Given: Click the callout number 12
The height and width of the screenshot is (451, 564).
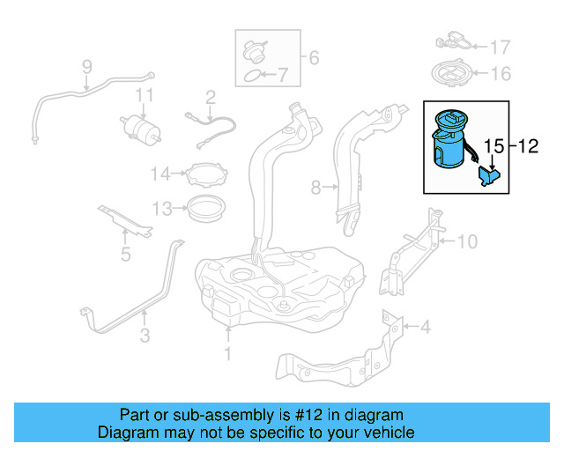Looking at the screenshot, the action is point(528,146).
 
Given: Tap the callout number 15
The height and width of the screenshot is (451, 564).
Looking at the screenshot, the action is point(493,146).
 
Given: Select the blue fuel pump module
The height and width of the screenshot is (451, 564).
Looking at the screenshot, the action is point(450,139).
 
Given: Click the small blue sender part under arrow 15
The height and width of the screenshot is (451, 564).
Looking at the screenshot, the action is point(489,175).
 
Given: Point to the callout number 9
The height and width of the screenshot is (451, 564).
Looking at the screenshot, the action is point(87,67).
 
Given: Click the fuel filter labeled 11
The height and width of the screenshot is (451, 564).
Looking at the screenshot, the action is point(141,129).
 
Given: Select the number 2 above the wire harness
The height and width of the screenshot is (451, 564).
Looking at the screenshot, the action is point(211,97).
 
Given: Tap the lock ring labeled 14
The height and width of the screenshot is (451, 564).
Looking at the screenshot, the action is point(206,174).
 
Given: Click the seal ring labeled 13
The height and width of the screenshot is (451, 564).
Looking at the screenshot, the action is point(207,209).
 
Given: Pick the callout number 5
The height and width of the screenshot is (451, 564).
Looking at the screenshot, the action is point(125,254).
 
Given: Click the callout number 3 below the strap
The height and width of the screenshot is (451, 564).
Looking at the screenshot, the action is point(145,335).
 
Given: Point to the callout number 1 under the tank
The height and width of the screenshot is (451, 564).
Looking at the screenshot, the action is point(227,353).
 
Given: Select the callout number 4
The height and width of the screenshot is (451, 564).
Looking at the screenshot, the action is point(425,327).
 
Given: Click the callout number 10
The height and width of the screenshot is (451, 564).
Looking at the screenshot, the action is point(467,241).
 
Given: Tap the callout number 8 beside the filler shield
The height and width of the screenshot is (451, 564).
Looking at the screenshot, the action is point(315,188).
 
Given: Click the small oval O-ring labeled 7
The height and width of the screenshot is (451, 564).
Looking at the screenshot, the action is point(251,77).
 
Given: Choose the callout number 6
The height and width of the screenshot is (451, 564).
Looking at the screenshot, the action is point(314,57).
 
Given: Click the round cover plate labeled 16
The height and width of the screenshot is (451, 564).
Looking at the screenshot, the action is point(451,73).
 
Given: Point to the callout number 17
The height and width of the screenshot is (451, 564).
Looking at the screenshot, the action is point(501,48).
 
